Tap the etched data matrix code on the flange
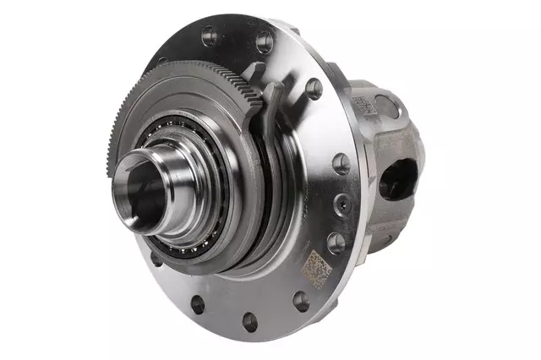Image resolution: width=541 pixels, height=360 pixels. coord(317,267)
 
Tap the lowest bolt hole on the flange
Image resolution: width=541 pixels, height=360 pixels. coord(249,321)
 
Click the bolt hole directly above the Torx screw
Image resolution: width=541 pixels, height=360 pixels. coord(342,163)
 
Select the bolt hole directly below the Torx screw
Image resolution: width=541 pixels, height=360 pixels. coord(336,243)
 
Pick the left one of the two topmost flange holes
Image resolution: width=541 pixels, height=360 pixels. coord(209,35)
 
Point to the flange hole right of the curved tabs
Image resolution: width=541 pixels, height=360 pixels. coord(314,88)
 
